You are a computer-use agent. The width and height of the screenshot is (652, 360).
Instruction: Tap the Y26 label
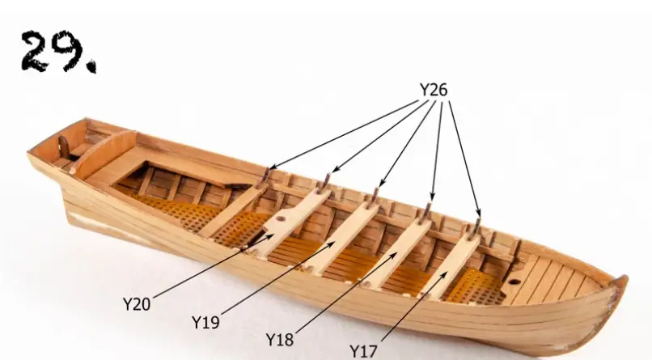[x=434, y=91]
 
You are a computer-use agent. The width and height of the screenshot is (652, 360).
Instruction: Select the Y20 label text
[x=137, y=304]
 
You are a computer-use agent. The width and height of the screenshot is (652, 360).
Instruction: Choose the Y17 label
[x=364, y=350]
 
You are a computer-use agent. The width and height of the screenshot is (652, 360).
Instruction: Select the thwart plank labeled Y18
[x=400, y=251]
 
